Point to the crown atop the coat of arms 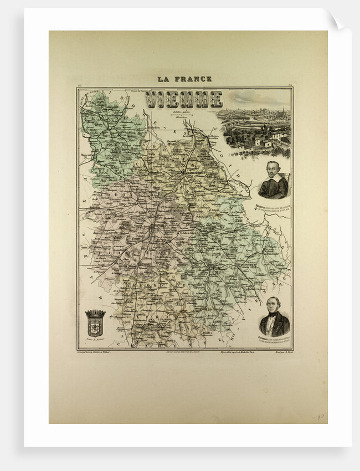tap(95, 314)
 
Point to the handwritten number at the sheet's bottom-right tap(321, 416)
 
